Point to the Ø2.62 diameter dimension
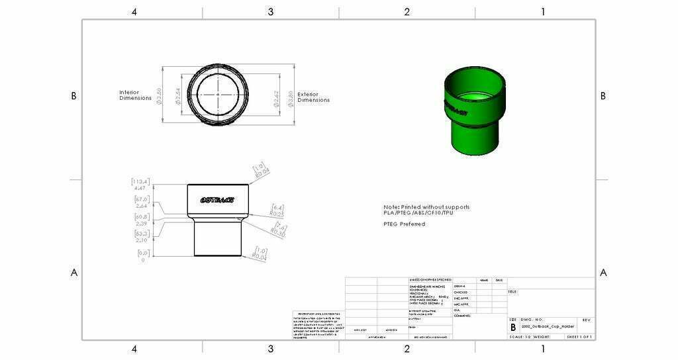point(276,97)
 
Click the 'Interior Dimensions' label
point(135,95)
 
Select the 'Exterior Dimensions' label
point(313,97)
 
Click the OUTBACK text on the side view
point(217,200)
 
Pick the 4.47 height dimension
point(140,188)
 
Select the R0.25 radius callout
point(277,214)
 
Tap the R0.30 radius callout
point(277,232)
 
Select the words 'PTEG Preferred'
point(404,224)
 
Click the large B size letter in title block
point(512,327)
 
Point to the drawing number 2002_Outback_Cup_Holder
point(548,327)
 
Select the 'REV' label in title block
point(586,320)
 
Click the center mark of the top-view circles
point(218,95)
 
